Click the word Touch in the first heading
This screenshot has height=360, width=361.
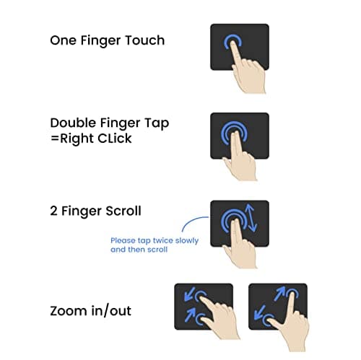[145, 40]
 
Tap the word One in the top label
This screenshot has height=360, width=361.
[64, 40]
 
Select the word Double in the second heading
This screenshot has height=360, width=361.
[73, 123]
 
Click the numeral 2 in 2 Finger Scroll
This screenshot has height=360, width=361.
[53, 211]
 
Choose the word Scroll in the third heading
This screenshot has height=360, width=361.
[123, 211]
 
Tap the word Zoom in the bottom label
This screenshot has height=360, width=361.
[69, 311]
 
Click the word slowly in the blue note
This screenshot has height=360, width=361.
[187, 241]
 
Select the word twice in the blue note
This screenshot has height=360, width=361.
[163, 240]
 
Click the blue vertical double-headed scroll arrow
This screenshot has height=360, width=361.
[251, 218]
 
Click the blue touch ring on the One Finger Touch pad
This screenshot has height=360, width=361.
[232, 41]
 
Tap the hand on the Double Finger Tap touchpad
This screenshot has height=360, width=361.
[240, 159]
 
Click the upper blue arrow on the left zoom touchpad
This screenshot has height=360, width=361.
[189, 294]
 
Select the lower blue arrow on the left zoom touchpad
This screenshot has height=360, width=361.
[190, 315]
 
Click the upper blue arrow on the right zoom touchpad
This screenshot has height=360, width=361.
[279, 294]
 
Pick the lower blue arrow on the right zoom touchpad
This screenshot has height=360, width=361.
[260, 312]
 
